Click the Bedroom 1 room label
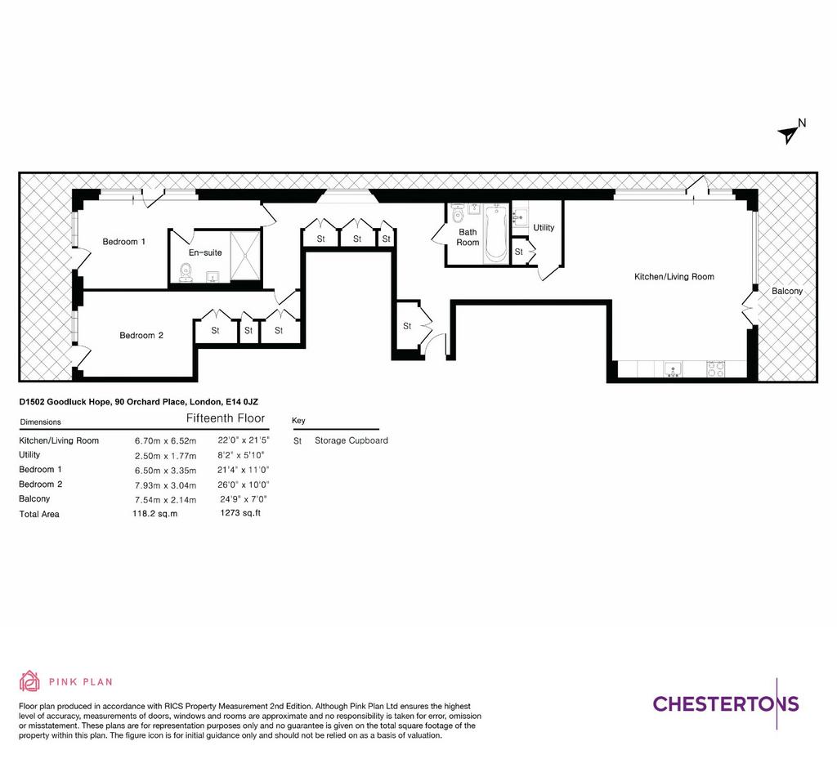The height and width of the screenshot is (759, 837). point(124,242)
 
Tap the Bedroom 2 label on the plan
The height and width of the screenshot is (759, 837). point(141,336)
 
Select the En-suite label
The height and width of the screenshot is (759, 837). point(205,252)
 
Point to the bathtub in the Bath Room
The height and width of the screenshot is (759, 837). point(496,234)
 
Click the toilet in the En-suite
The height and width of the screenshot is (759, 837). point(186,272)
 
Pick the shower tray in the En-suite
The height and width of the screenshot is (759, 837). point(245,256)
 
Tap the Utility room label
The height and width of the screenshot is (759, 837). point(544,228)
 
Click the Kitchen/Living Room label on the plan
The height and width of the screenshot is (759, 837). point(674,277)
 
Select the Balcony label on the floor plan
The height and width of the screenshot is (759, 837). point(787,291)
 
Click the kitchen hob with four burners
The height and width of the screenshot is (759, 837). point(716,369)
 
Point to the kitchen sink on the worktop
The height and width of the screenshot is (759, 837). point(674,369)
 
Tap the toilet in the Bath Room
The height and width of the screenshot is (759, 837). point(458,214)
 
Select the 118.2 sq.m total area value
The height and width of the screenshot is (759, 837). point(154,514)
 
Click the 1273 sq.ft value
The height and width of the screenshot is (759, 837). point(240,513)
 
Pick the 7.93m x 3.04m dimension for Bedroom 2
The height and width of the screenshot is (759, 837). point(165,485)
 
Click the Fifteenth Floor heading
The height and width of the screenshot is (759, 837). point(226,418)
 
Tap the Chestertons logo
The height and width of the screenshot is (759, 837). point(726,704)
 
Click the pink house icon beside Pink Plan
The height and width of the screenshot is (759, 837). point(30,681)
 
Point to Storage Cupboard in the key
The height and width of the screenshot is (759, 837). point(351,440)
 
